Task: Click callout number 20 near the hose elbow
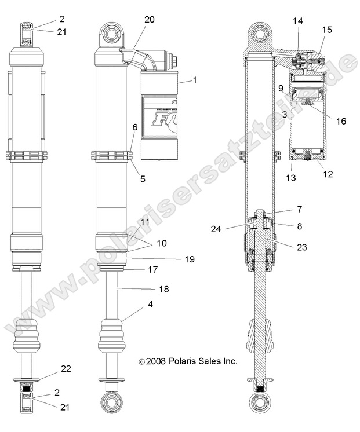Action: [x=150, y=20]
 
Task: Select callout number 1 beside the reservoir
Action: [x=194, y=80]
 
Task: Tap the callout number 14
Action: [x=297, y=21]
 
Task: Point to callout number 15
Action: [x=328, y=29]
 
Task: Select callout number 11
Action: [x=144, y=222]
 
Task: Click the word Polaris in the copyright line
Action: [x=180, y=360]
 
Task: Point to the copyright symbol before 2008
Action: [x=141, y=361]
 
